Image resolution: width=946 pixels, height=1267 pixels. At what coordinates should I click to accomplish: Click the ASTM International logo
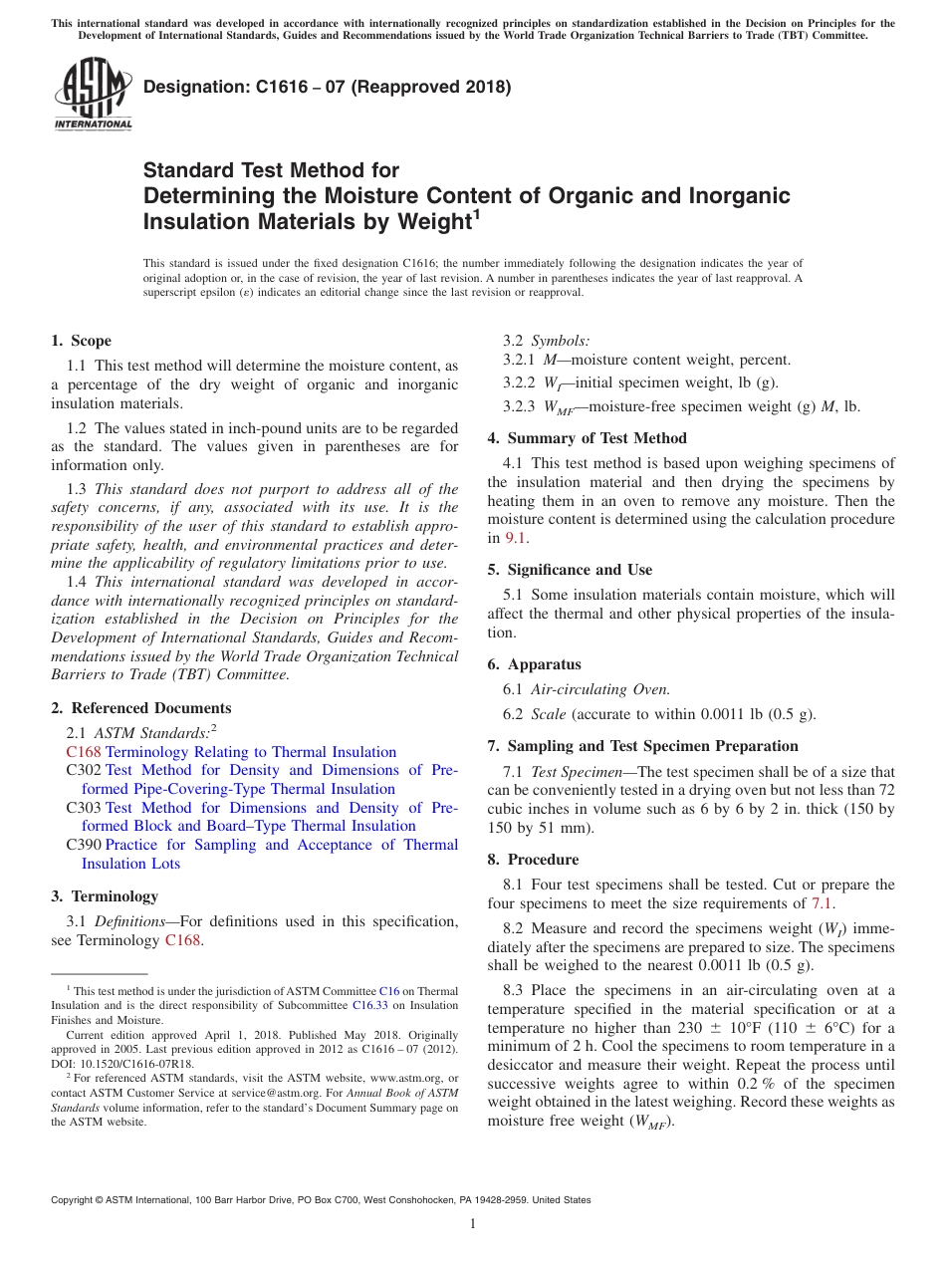coord(93,96)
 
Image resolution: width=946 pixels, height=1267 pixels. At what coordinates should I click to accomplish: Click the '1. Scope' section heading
coord(82,341)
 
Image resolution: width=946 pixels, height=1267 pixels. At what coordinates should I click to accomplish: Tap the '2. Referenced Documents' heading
coord(141,708)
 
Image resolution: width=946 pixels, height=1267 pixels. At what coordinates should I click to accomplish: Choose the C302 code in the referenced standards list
coord(84,770)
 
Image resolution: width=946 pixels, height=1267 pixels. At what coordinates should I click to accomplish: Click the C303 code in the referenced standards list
coord(84,808)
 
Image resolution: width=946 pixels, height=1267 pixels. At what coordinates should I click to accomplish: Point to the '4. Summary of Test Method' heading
coord(588,438)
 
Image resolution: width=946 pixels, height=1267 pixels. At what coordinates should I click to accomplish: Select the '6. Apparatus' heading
coord(535,664)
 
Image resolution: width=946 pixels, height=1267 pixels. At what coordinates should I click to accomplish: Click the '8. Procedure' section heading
coord(534,860)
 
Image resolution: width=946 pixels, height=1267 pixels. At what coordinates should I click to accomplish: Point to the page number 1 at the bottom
coord(473,1223)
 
